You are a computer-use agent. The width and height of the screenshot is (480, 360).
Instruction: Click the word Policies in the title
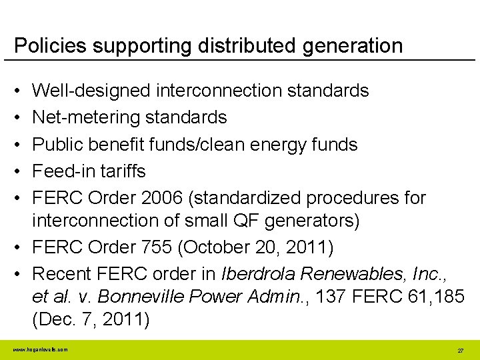pyautogui.click(x=51, y=45)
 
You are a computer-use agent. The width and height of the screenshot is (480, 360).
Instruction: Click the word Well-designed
pyautogui.click(x=92, y=90)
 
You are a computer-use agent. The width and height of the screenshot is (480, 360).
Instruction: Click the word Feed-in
pyautogui.click(x=64, y=171)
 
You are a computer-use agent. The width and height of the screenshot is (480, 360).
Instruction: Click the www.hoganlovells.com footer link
pyautogui.click(x=40, y=349)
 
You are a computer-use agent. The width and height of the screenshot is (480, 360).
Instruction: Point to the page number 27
pyautogui.click(x=460, y=350)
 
